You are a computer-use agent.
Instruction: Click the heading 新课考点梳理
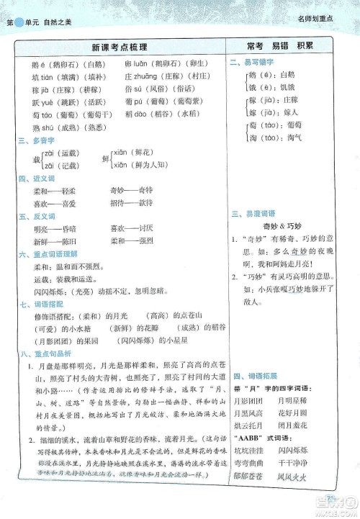click(x=119, y=47)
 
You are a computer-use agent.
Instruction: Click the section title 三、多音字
click(x=34, y=142)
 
